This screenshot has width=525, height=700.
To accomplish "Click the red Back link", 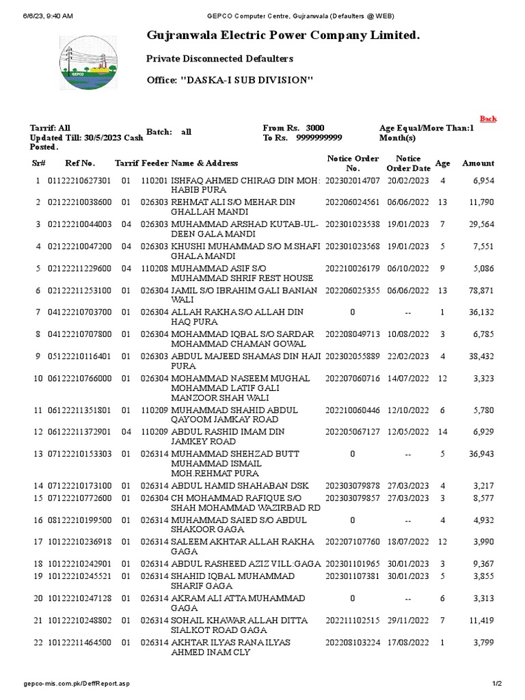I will [488, 119].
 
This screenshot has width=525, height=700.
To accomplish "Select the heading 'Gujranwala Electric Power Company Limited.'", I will [283, 35].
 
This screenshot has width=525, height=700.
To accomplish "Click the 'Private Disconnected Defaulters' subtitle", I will [220, 59].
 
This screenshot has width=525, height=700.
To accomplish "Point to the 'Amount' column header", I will [478, 163].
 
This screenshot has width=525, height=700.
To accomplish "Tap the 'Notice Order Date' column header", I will [408, 163].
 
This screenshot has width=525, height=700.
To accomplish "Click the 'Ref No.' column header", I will [80, 163].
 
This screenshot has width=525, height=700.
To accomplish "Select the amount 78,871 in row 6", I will [481, 291].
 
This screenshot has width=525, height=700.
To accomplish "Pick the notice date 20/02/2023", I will [408, 181].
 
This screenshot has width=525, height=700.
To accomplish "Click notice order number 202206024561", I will [353, 203].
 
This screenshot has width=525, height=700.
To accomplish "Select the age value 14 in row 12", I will [442, 432].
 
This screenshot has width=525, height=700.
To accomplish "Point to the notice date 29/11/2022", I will [408, 621].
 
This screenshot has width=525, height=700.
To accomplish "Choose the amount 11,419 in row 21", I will [481, 621].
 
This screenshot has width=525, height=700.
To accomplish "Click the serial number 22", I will [38, 643].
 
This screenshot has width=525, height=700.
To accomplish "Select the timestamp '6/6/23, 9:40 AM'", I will [49, 16].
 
